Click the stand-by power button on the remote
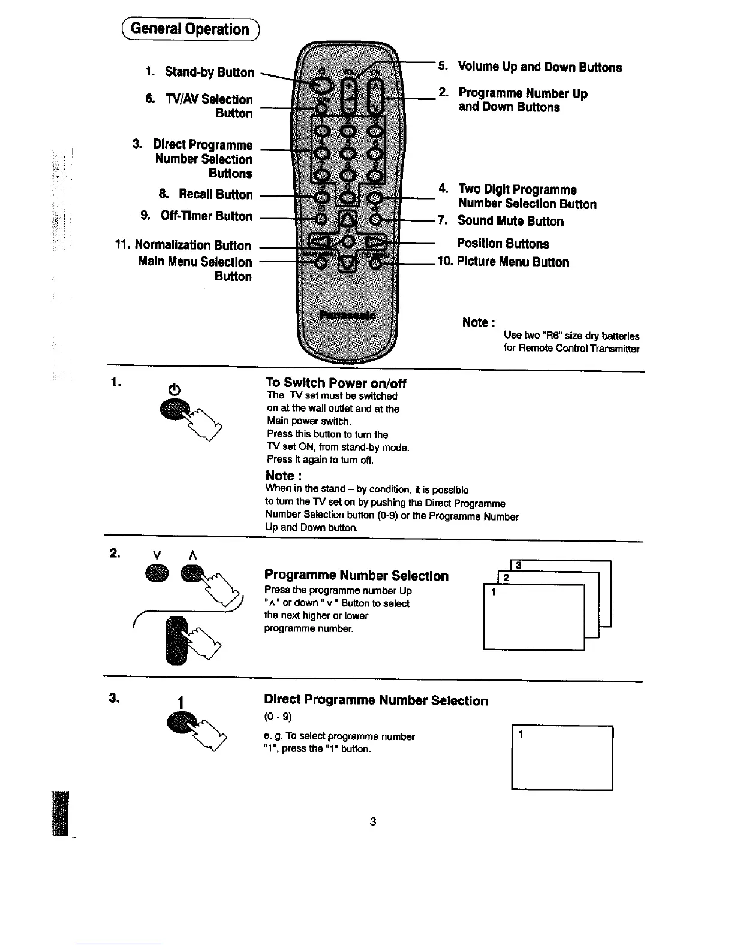[x=320, y=87]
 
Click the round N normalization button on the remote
[x=347, y=241]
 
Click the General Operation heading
[x=189, y=29]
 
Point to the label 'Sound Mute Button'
[x=510, y=221]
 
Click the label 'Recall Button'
[x=215, y=194]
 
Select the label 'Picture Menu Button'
[x=513, y=262]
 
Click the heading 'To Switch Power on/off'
[x=336, y=383]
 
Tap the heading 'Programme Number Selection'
[x=356, y=576]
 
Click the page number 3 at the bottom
[x=372, y=821]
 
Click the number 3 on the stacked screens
[x=518, y=565]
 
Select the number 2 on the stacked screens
[x=506, y=578]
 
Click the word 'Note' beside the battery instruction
[x=478, y=322]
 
